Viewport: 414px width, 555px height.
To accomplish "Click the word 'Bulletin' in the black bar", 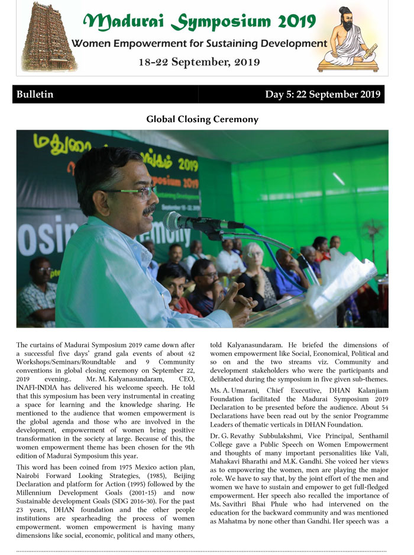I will pos(35,95).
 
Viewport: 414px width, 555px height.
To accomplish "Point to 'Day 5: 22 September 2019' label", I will pos(322,95).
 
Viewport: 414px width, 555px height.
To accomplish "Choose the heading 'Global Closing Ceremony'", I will pos(202,120).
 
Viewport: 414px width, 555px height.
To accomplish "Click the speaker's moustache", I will pos(150,209).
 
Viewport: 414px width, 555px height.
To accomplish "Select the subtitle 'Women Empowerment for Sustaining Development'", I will pos(199,44).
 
